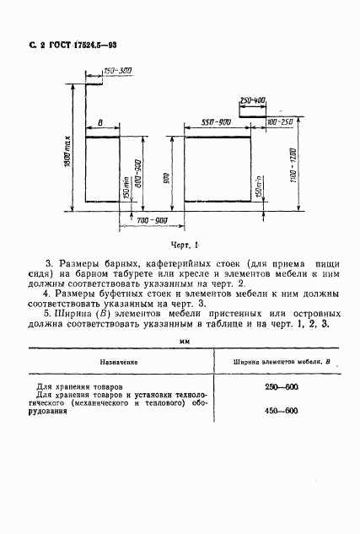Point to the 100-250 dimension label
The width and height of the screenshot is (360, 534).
tap(279, 122)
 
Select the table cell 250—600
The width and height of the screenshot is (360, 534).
tap(280, 386)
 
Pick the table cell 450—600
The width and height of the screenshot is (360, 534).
tap(280, 411)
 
